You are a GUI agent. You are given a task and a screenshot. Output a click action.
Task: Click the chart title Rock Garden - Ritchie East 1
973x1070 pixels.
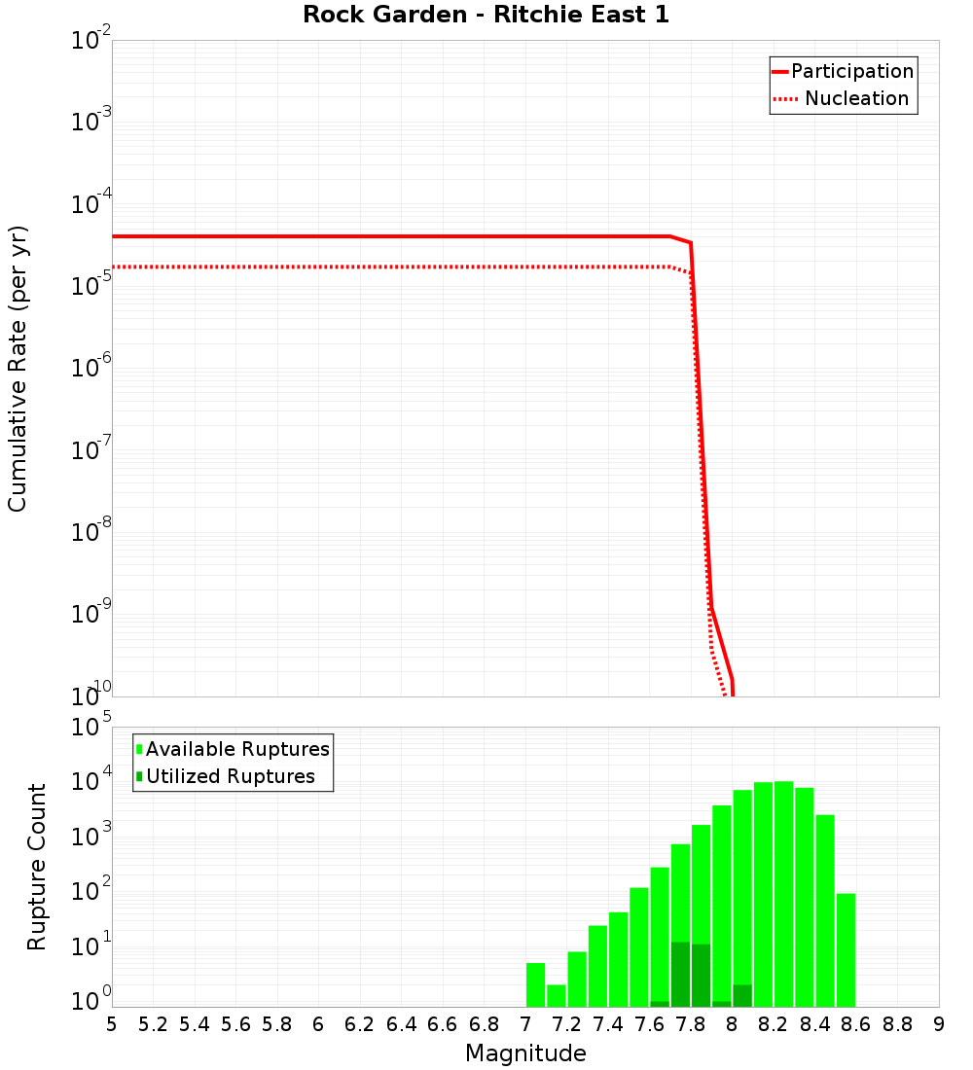486,15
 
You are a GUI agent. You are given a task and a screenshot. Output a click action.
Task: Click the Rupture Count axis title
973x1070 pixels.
37,867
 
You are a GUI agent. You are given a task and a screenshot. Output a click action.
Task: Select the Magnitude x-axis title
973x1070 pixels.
525,1053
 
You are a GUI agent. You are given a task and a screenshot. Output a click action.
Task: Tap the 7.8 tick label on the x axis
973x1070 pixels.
691,1024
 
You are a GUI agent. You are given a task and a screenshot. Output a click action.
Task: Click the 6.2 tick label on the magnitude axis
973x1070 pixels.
360,1024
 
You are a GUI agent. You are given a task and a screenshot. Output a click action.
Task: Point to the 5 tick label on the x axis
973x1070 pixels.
112,1024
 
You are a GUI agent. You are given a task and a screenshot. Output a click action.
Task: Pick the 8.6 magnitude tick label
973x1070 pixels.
856,1024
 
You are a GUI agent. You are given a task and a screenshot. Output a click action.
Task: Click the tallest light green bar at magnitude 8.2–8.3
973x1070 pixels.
783,895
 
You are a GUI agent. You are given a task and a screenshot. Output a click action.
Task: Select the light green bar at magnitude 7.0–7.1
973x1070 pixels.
535,984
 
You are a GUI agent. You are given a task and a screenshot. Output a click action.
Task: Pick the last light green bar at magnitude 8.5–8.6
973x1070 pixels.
846,949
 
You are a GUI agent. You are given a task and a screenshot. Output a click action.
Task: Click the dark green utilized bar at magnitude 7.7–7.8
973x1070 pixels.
680,974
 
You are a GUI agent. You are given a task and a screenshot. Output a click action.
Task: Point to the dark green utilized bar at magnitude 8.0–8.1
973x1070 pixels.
742,996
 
